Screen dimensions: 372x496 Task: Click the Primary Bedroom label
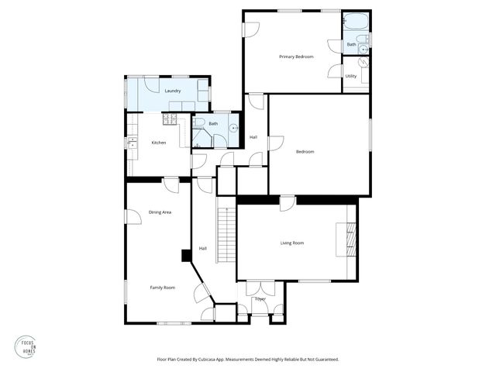pyautogui.click(x=296, y=57)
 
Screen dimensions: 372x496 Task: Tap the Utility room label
pyautogui.click(x=351, y=76)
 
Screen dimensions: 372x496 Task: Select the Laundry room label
pyautogui.click(x=173, y=91)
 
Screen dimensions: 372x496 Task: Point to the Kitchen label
pyautogui.click(x=159, y=143)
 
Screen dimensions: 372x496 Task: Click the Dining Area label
pyautogui.click(x=160, y=212)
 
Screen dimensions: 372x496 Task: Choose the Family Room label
pyautogui.click(x=162, y=288)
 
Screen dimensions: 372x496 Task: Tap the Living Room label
pyautogui.click(x=292, y=243)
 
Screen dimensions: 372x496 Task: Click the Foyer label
pyautogui.click(x=260, y=298)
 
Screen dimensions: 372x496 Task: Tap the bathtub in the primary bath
pyautogui.click(x=356, y=21)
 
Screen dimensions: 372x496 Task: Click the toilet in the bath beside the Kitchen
pyautogui.click(x=199, y=124)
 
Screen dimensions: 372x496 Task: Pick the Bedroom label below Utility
pyautogui.click(x=305, y=151)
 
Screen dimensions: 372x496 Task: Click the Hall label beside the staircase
pyautogui.click(x=202, y=248)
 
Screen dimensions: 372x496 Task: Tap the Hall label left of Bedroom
pyautogui.click(x=253, y=137)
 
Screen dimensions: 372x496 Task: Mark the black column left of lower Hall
pyautogui.click(x=186, y=255)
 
